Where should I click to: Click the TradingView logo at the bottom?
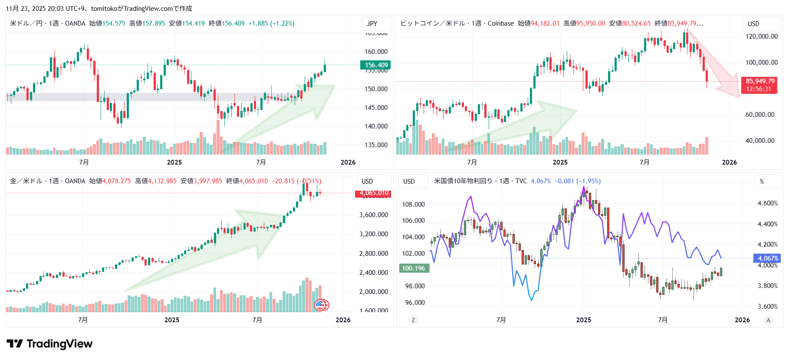49,344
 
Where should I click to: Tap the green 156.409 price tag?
375,65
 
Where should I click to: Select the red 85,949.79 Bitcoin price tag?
760,85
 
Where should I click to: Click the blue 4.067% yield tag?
767,258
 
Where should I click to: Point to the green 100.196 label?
414,268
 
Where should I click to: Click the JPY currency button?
372,24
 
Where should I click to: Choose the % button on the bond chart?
762,182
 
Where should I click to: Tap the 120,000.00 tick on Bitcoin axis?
762,36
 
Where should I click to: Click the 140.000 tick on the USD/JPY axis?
376,126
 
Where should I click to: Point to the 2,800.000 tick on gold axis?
373,254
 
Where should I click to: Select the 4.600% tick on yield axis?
767,203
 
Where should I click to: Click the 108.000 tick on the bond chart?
413,205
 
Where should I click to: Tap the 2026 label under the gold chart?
343,320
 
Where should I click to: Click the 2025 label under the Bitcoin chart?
560,162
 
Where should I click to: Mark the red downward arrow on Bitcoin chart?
716,65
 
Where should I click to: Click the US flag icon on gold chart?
320,305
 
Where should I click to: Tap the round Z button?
413,320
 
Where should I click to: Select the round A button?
768,320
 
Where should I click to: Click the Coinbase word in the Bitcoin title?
500,23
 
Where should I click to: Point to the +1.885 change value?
258,23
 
